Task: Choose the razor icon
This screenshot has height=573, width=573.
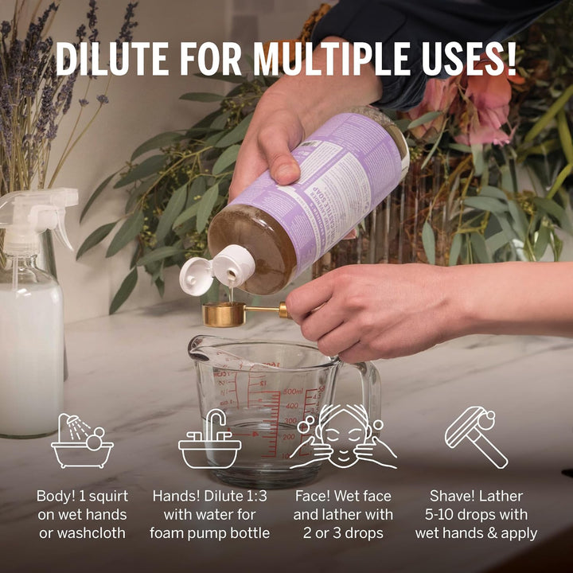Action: point(476,436)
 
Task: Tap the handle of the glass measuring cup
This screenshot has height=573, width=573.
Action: point(368,390)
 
